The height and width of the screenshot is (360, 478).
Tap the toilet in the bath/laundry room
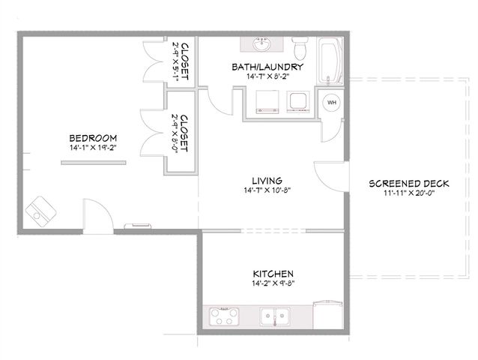point(300,50)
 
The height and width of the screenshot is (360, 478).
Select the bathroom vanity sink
point(261,46)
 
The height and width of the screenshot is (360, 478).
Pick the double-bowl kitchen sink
point(275,316)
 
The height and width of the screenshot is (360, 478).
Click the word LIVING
point(267,181)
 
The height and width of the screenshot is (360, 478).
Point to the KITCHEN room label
point(272,274)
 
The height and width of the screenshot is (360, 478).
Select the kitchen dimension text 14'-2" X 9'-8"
point(272,285)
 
